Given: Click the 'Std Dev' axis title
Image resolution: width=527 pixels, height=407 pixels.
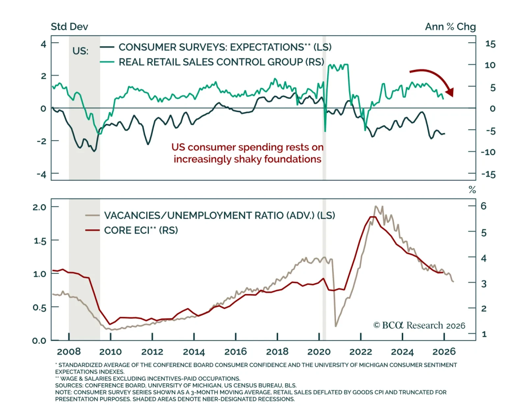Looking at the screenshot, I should pos(69,27).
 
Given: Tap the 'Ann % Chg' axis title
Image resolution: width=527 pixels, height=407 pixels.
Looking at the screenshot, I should pos(450,27).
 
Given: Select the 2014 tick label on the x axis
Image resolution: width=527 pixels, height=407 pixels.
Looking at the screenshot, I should pos(194,352).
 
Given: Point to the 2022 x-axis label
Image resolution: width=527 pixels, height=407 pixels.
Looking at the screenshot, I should pos(361,352).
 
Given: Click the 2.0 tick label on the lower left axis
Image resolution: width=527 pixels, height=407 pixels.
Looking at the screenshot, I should pos(40,207).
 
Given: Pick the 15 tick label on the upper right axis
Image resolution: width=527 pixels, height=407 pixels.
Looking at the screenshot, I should pos(490,44).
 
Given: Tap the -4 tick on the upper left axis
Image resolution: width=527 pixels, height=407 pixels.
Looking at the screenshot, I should pos(42,174).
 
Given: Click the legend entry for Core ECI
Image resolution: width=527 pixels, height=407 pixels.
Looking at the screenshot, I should pos(141,230).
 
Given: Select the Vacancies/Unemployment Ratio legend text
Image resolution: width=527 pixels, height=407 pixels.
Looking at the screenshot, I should pos(219,215).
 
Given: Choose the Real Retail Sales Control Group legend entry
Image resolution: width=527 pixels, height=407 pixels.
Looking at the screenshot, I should pos(221,62).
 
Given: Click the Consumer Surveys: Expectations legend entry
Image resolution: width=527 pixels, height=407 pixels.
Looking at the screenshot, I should pos(225,47).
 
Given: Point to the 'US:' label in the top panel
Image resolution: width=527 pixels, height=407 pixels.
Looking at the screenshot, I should pos(80,51).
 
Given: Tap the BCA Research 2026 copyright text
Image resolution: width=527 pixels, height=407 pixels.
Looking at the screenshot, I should pos(419,325).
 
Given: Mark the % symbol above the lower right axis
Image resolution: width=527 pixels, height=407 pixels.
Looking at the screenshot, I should pos(472,190).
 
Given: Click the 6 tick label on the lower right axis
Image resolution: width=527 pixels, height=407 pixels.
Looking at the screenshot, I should pos(484,206).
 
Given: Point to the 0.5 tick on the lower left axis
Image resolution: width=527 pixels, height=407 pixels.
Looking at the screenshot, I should pos(40,307).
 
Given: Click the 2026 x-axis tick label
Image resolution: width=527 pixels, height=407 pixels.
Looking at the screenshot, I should pos(444,352).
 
